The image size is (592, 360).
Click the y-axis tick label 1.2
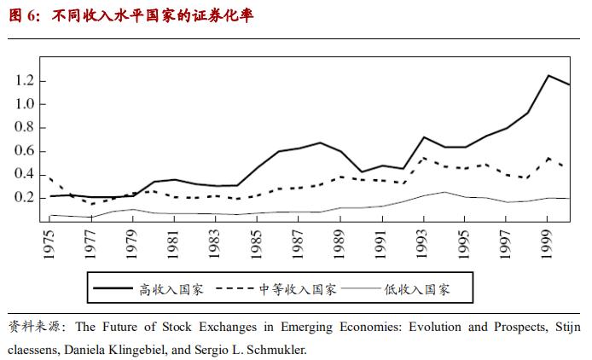tap(25, 80)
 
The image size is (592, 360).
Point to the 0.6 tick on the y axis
tap(25, 151)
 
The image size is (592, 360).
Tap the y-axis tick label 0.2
tap(25, 198)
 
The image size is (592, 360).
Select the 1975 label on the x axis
tap(50, 241)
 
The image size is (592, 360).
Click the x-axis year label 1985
tap(258, 241)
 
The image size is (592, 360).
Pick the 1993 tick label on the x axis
tap(424, 241)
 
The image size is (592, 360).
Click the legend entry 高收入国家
tap(171, 289)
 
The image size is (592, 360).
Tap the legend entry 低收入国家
tap(416, 289)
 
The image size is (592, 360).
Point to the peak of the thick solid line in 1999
tap(548, 75)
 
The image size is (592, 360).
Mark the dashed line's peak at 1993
tap(424, 158)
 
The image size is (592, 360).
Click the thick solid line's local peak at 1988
tap(320, 142)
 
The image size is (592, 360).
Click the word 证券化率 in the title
tap(223, 15)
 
